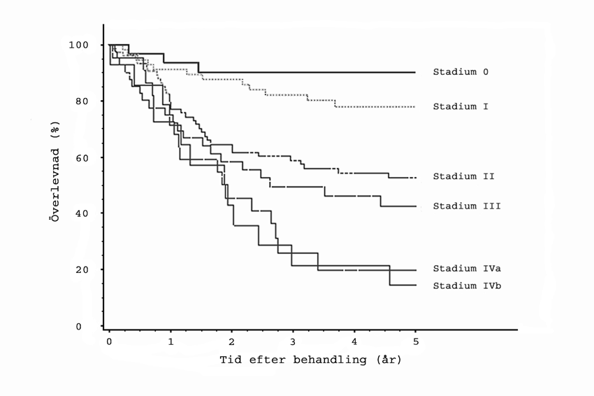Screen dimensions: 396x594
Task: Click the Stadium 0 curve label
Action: point(459,71)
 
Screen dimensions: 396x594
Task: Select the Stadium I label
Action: point(459,106)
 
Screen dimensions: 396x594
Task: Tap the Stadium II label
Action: point(464,176)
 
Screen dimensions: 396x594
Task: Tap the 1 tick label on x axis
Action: point(171,341)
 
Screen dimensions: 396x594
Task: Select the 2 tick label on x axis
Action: point(232,341)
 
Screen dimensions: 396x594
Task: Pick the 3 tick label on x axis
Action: point(293,341)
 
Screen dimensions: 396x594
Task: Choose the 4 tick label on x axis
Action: point(354,341)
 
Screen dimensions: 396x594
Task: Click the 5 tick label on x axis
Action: point(416,341)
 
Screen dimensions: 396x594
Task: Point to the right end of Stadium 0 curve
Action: point(415,72)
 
